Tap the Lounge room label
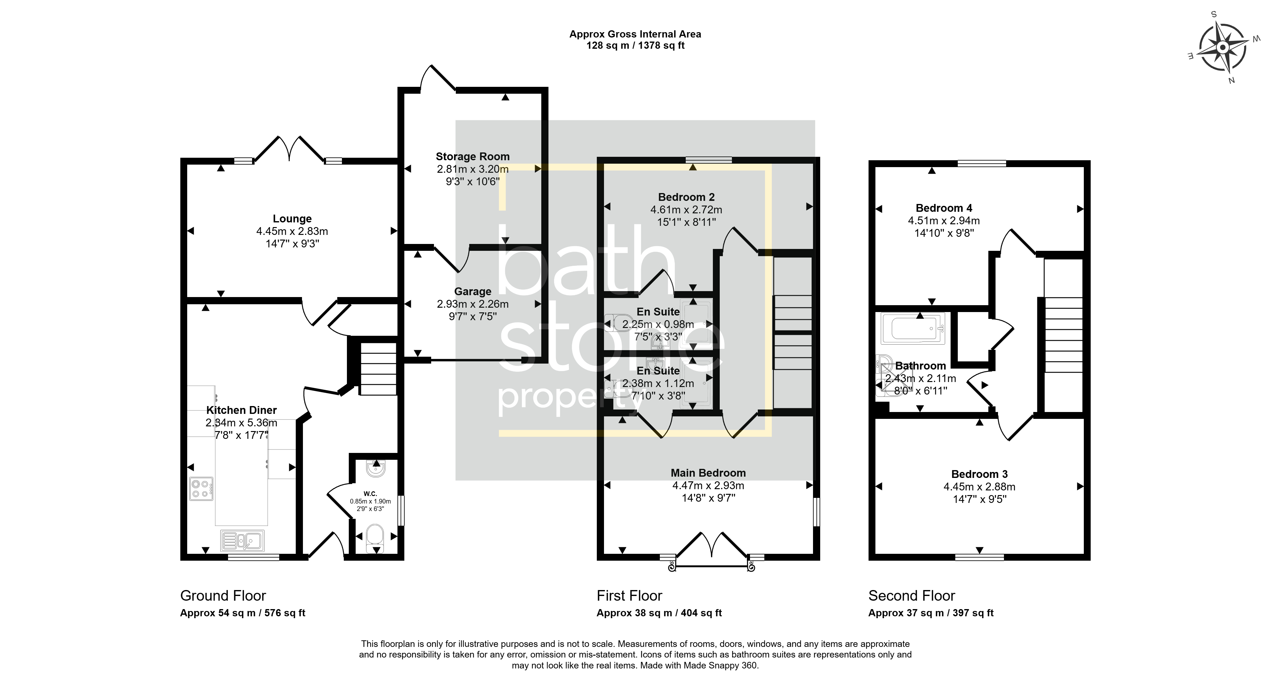point(292,219)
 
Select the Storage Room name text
point(472,156)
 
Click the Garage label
point(472,291)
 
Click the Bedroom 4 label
point(944,208)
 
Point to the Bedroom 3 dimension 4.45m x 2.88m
point(979,486)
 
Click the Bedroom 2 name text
point(686,197)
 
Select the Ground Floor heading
point(223,596)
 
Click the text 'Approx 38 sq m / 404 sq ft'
point(659,613)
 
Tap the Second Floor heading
point(912,596)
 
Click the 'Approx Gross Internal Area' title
point(635,34)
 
